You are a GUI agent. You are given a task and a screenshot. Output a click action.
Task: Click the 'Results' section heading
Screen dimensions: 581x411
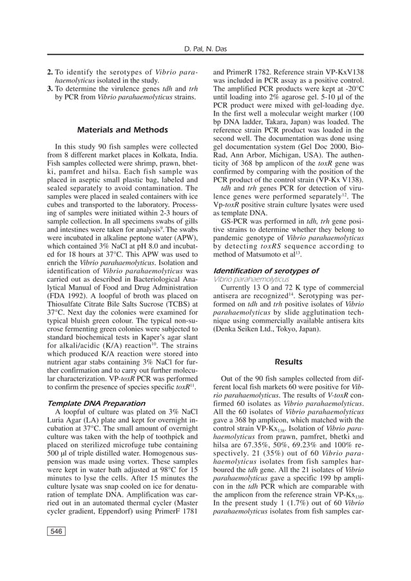289,361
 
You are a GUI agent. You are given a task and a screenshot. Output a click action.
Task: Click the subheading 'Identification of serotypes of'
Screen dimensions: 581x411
265,271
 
